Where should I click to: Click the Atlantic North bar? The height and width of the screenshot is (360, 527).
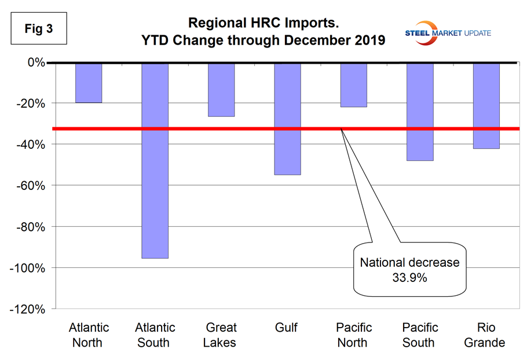coord(89,83)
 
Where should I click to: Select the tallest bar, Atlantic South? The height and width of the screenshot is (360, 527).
coord(155,160)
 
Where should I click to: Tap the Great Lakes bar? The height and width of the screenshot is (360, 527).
coord(221,90)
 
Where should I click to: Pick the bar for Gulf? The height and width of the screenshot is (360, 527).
coord(287,119)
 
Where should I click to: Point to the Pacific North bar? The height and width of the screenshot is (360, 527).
coord(353,85)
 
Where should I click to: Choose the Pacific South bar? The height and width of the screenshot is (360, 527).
coord(419,112)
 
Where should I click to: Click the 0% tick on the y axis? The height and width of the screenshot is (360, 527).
coord(34,62)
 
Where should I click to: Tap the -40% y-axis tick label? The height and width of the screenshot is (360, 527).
coord(30,144)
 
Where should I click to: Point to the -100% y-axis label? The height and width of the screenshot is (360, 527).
coord(28,267)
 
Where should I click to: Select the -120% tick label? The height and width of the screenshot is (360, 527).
coord(28,308)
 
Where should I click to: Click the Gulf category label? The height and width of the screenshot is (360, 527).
coord(287,328)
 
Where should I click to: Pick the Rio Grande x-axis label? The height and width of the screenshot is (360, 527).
coord(485,335)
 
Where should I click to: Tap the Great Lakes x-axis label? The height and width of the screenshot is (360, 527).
coord(221,335)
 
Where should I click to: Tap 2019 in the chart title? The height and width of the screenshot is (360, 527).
coord(369,42)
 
